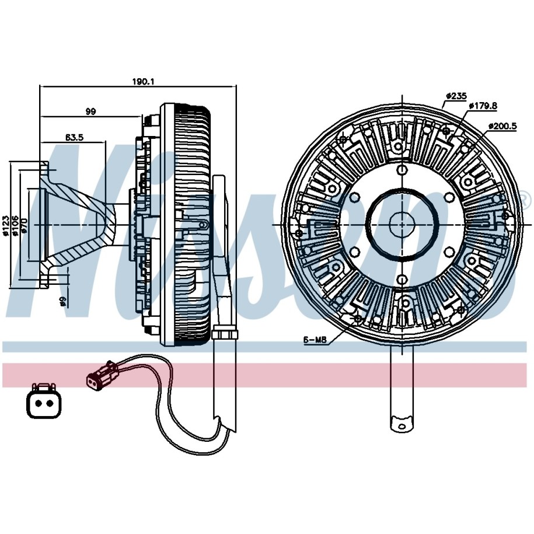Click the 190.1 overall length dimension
pyautogui.click(x=142, y=82)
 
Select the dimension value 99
pyautogui.click(x=90, y=111)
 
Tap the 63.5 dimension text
pyautogui.click(x=74, y=138)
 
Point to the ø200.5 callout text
pyautogui.click(x=502, y=125)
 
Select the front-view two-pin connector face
pyautogui.click(x=43, y=402)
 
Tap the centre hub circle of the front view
pyautogui.click(x=402, y=224)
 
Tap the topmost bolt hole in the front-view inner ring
pyautogui.click(x=402, y=170)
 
